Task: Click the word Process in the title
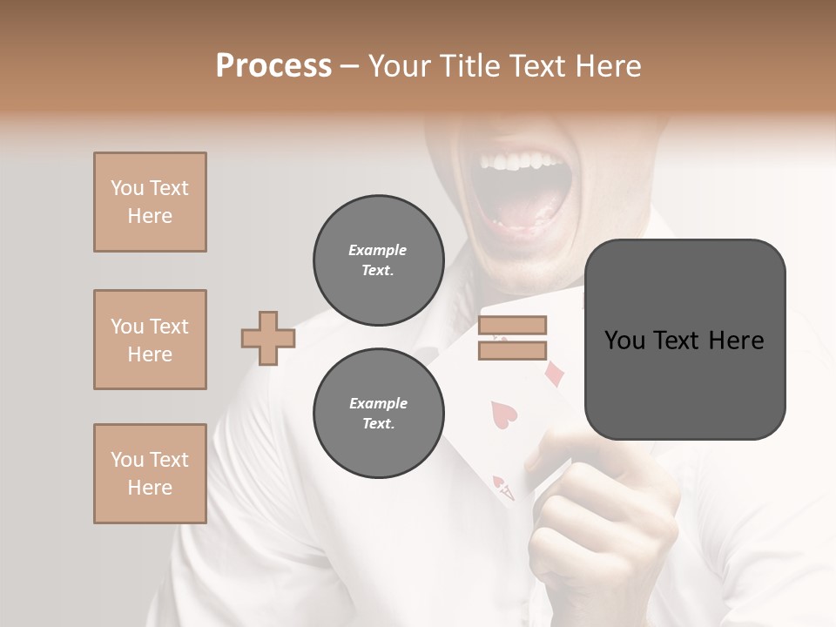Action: coord(273,66)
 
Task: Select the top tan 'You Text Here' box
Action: coord(150,202)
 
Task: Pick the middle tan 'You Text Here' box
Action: coord(150,340)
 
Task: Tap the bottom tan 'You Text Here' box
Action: coord(150,474)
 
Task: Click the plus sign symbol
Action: coord(267,338)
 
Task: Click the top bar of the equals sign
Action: coord(512,326)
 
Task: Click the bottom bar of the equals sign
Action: coord(512,350)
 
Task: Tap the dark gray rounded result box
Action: coord(684,340)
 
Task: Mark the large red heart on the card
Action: coord(504,413)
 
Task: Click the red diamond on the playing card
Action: coord(554,374)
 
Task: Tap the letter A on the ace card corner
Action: coord(507,493)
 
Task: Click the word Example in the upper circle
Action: coord(377,250)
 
